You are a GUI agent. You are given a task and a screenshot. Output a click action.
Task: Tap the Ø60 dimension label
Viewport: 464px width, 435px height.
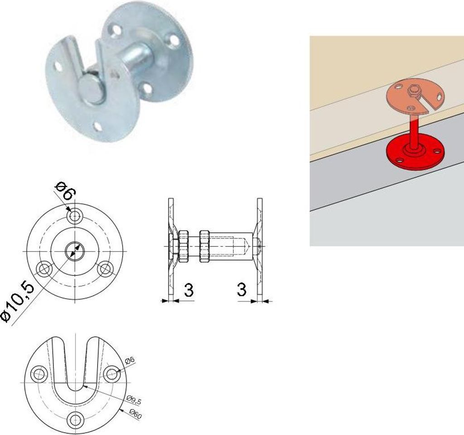135,414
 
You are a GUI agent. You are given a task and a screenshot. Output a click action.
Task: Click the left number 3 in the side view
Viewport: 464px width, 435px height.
188,290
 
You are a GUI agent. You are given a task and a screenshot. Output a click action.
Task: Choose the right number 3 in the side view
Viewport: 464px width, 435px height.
242,289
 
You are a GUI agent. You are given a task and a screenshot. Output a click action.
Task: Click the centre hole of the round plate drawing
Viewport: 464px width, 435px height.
75,251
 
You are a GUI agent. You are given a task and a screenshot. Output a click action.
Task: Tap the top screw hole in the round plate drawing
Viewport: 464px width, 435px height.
75,216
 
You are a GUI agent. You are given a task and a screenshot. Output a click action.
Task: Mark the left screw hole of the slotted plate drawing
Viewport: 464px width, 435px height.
39,374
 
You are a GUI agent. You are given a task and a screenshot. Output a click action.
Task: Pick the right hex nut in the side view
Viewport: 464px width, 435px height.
204,246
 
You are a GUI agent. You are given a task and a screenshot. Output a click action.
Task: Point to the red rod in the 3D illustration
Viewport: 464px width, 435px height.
414,129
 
